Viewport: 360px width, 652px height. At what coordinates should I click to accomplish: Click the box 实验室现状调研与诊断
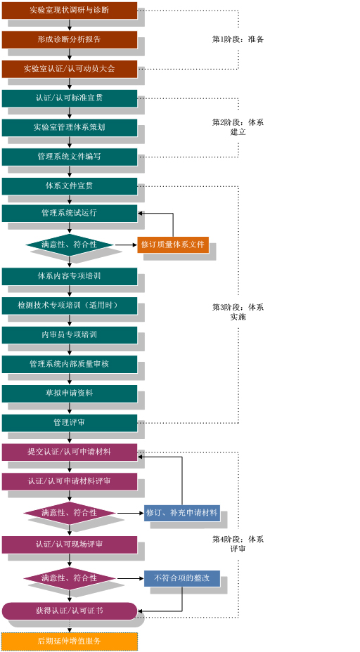click(70, 11)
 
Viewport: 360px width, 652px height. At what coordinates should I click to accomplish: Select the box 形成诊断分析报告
click(70, 39)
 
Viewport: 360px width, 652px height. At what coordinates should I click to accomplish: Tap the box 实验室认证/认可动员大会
click(70, 69)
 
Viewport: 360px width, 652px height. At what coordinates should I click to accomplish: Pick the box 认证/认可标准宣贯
click(70, 98)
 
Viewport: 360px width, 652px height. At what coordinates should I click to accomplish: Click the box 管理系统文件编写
click(70, 157)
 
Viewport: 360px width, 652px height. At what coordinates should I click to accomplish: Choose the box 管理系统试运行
click(70, 213)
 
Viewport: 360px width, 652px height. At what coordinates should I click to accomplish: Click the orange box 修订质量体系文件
click(173, 244)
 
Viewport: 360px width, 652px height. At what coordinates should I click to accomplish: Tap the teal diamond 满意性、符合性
click(70, 245)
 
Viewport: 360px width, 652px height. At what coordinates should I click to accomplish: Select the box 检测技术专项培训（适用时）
click(70, 306)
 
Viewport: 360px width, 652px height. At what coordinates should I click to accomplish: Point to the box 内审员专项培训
click(70, 334)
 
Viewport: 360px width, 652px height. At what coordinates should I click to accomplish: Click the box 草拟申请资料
click(70, 393)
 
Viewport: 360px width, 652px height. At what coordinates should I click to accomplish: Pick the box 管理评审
click(70, 423)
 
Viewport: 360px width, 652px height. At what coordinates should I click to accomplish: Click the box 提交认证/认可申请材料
click(70, 452)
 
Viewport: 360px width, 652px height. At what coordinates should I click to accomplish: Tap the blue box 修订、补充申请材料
click(182, 513)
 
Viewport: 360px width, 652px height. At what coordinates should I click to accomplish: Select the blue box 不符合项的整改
click(182, 578)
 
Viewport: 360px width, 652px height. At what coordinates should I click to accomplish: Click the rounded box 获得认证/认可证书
click(70, 611)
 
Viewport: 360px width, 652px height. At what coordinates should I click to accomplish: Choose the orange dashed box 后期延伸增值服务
click(70, 641)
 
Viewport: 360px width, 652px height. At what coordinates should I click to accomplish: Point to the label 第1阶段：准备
click(238, 39)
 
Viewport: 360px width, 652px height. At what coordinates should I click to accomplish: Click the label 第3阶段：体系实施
click(238, 312)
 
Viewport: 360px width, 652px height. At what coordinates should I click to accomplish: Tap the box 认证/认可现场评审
click(70, 545)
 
